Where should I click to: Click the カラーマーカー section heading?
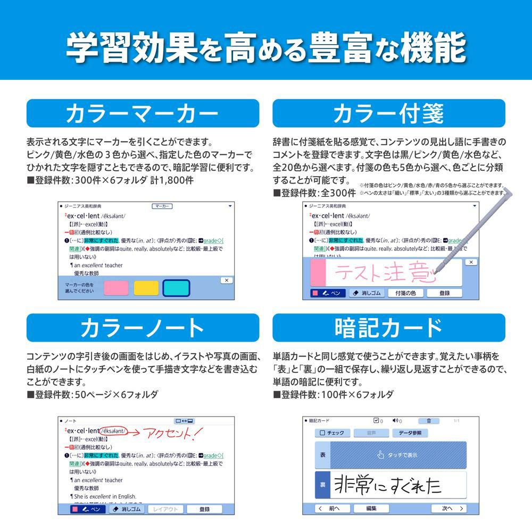(x=143, y=114)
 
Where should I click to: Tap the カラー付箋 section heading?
(x=388, y=114)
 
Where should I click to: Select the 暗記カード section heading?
(x=388, y=328)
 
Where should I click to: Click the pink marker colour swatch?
(x=116, y=288)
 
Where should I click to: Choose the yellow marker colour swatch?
(x=146, y=288)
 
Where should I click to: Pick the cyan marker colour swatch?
(x=176, y=288)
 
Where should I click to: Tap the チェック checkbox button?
(x=332, y=433)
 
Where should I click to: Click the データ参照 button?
(x=410, y=433)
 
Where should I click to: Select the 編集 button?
(x=371, y=509)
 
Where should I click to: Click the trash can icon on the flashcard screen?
(x=429, y=421)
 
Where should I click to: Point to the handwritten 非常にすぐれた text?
(x=387, y=485)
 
